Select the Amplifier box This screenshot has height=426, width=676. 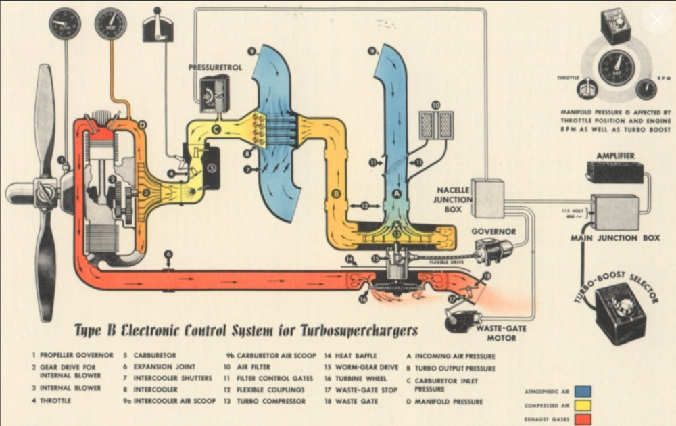[x=614, y=172]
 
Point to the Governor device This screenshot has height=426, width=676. [x=493, y=251]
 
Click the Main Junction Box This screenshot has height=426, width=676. [x=614, y=212]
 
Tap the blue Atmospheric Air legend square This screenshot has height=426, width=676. [x=583, y=391]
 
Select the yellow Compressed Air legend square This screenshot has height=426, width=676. [x=583, y=405]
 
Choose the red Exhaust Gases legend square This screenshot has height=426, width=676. [x=583, y=419]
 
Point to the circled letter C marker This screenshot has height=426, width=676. [x=216, y=128]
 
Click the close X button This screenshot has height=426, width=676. [x=657, y=20]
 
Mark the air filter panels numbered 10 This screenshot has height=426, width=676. [x=436, y=124]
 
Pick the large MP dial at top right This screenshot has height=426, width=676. [x=616, y=67]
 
